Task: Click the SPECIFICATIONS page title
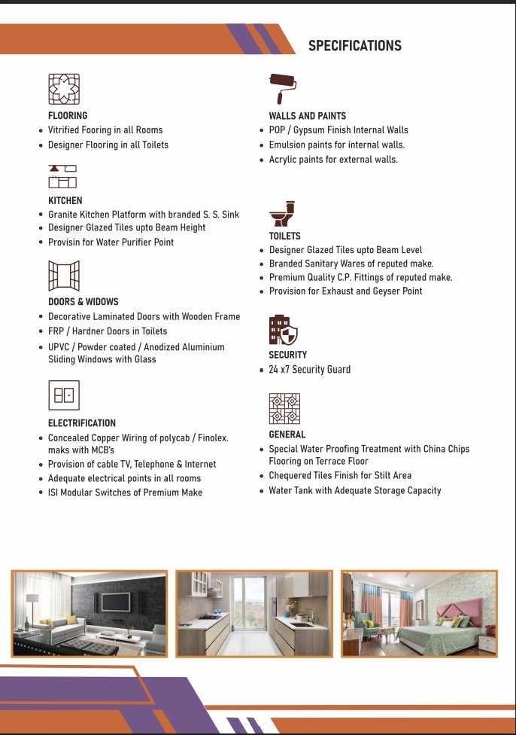354,46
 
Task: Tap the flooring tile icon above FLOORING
63,89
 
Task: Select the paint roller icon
283,87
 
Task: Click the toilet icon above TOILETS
282,214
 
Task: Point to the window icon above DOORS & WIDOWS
63,276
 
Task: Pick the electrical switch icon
63,395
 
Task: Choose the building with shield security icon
283,330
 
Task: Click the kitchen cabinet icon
63,175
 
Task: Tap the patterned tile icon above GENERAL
284,409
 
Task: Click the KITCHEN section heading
65,201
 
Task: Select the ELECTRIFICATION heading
82,423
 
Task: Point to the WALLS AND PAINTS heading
308,116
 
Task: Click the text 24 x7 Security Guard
309,370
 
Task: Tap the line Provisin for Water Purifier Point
111,242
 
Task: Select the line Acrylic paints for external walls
333,160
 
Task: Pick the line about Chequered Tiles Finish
340,476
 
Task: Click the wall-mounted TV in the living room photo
115,602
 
